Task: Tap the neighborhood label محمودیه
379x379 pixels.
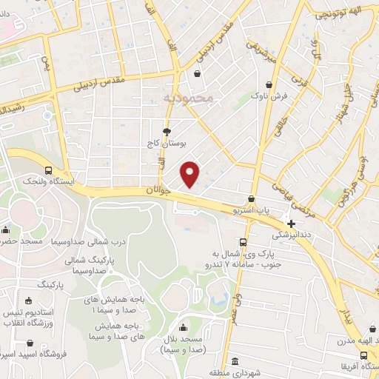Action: tap(187, 98)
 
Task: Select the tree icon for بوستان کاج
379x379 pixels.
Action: tap(177, 132)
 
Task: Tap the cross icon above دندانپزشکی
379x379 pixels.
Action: tap(292, 224)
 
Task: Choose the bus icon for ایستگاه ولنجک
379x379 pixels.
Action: tap(48, 170)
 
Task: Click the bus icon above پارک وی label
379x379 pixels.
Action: tap(243, 242)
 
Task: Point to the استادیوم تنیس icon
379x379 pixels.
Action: tap(29, 301)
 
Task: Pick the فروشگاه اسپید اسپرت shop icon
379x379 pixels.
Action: tap(29, 343)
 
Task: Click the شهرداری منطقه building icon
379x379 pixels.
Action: tap(235, 361)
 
